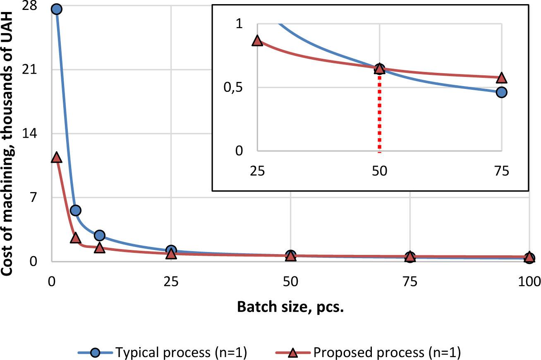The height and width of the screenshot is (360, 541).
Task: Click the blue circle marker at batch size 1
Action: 57,9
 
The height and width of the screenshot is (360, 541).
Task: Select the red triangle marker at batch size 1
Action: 57,158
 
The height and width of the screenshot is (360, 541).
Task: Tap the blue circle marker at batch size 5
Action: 76,211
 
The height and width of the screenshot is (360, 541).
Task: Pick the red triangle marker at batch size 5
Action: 76,238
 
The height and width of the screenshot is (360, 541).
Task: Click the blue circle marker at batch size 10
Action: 99,235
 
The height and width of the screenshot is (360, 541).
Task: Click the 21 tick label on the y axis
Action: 41,70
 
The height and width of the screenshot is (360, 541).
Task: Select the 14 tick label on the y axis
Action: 41,134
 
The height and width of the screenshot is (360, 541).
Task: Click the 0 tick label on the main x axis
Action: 52,283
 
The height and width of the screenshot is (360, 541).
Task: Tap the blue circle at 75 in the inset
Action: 501,92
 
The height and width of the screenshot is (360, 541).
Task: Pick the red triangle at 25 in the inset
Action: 257,41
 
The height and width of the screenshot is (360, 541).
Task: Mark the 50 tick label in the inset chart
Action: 379,171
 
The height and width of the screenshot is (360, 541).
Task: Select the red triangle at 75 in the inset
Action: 501,78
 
